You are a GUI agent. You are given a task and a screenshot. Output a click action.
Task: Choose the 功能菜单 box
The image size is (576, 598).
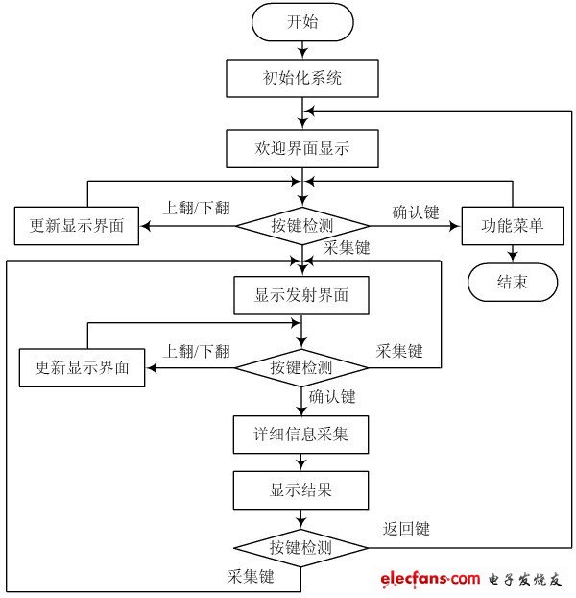tap(513, 226)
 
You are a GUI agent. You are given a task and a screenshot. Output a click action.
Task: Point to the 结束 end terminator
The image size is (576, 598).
tap(513, 282)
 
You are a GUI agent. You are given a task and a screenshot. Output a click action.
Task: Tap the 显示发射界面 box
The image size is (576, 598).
tap(300, 296)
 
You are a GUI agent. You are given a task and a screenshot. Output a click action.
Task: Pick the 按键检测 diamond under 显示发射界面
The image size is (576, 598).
tap(301, 367)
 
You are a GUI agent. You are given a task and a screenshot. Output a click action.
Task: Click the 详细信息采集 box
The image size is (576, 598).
tap(300, 435)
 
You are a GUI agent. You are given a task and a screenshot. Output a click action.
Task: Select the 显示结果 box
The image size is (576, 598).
tap(300, 490)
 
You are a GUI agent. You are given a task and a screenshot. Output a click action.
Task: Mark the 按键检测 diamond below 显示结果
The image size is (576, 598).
tap(301, 548)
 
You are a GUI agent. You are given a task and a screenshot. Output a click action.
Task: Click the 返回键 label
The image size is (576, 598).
tap(406, 528)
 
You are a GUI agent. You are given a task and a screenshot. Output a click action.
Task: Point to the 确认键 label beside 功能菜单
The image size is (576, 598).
tap(416, 212)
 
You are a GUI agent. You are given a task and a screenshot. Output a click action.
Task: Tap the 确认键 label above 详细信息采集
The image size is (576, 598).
tap(332, 396)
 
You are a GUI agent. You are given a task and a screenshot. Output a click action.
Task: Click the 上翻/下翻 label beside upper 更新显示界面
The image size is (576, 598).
tap(198, 209)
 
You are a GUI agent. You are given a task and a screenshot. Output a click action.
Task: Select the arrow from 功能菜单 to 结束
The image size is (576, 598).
tap(513, 253)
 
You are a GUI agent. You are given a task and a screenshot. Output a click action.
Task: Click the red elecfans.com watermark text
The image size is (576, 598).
tap(429, 578)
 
